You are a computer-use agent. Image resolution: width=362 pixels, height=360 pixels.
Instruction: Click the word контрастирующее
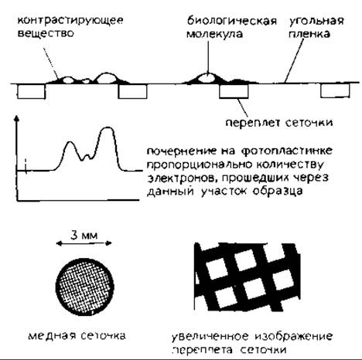[70, 21]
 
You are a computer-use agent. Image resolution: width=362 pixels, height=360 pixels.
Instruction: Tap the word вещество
[46, 33]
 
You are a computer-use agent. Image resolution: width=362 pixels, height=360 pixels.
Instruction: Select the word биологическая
[232, 21]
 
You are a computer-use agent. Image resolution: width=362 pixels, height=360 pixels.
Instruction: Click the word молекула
[214, 34]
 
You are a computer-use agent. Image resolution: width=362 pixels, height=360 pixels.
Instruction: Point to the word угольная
[316, 21]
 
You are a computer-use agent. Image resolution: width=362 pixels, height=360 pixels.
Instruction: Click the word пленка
[309, 34]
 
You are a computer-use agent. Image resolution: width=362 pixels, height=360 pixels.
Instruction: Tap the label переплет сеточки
[279, 123]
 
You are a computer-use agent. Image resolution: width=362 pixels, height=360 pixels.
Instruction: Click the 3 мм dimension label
[84, 236]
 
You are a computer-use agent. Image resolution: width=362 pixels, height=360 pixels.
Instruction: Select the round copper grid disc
[85, 287]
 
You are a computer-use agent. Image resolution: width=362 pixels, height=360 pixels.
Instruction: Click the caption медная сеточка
[77, 336]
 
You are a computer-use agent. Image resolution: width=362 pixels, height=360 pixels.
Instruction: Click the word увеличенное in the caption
[210, 337]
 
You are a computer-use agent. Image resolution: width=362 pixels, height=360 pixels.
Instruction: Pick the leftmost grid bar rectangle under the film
[31, 92]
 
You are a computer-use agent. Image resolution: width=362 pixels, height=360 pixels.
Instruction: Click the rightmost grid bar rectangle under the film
[335, 91]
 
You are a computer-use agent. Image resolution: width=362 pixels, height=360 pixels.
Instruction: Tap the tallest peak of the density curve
[108, 127]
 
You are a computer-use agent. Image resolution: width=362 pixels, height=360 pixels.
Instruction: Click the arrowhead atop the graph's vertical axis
[17, 119]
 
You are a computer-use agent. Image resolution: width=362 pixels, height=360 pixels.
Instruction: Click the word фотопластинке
[287, 151]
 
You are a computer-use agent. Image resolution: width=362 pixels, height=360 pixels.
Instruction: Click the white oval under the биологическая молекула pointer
[207, 78]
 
